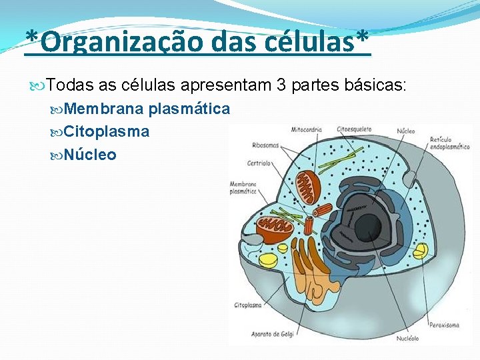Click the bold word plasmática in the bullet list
(189, 109)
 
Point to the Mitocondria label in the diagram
(307, 130)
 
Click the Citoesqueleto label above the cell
(354, 130)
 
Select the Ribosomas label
(265, 145)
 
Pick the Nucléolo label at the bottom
(407, 338)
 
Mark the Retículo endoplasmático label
(449, 143)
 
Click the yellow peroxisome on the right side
(421, 251)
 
